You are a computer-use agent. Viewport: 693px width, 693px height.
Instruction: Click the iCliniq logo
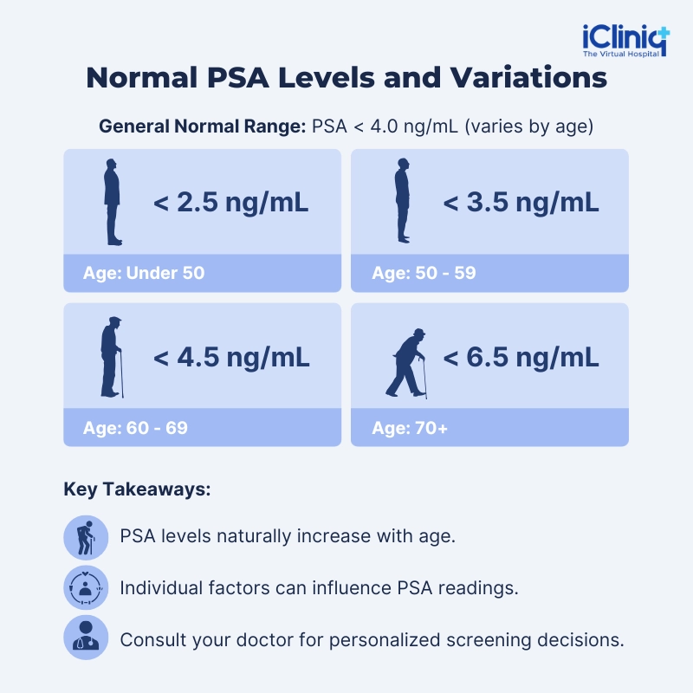tap(625, 41)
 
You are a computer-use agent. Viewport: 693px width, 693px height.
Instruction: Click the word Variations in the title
tap(528, 78)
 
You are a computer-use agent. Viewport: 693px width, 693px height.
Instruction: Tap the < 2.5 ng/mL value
tap(230, 203)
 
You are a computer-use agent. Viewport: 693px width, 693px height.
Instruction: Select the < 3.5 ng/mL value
tap(521, 203)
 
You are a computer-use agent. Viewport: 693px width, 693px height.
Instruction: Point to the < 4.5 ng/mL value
tap(231, 357)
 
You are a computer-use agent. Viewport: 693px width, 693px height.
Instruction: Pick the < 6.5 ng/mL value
tap(521, 357)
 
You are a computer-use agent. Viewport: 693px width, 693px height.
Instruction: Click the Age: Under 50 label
tap(144, 273)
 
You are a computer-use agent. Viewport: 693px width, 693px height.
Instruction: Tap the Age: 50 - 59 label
tap(424, 273)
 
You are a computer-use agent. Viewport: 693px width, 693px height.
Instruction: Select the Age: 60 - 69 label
tap(135, 427)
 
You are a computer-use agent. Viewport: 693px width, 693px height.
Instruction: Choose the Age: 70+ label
tap(410, 427)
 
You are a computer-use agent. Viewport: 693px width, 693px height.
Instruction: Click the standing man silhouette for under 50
tap(113, 202)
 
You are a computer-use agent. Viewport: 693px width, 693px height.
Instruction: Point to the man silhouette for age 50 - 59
tap(402, 201)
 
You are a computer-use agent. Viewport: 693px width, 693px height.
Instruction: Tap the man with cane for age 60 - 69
tap(112, 357)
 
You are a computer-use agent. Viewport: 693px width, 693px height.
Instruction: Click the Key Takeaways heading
tap(137, 489)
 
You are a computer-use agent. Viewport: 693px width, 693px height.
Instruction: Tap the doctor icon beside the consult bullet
tap(86, 638)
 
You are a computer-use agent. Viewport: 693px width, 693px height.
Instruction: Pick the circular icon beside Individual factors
tap(86, 587)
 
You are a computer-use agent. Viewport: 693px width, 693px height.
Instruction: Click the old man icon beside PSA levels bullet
tap(86, 537)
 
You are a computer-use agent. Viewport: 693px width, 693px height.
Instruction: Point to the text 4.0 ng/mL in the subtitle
tap(414, 126)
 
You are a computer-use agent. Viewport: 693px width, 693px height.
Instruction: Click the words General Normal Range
tap(202, 126)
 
